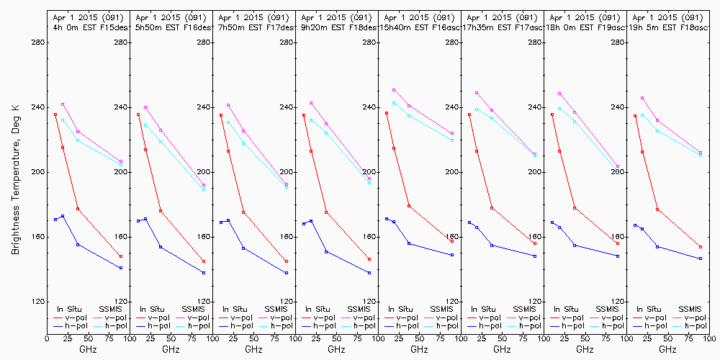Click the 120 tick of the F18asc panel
pyautogui.click(x=617, y=302)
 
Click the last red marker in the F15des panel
pyautogui.click(x=121, y=256)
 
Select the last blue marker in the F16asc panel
pyautogui.click(x=452, y=255)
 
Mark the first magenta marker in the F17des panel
pyautogui.click(x=228, y=105)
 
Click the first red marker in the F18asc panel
pyautogui.click(x=635, y=115)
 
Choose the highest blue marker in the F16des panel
pyautogui.click(x=145, y=219)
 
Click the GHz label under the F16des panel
pyautogui.click(x=171, y=349)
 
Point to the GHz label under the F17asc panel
pyautogui.click(x=502, y=349)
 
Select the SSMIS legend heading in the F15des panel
pyautogui.click(x=111, y=309)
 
